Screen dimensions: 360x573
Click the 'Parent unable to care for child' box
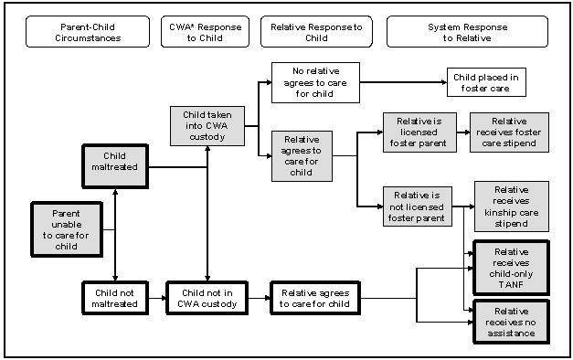click(x=66, y=228)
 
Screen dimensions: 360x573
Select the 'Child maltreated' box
click(x=114, y=162)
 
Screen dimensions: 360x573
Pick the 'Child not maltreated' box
click(x=115, y=297)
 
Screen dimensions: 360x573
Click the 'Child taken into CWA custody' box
click(x=207, y=125)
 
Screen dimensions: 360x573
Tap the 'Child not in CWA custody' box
click(x=207, y=297)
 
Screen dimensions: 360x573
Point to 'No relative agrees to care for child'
click(x=315, y=82)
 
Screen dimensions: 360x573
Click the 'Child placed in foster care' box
click(x=485, y=83)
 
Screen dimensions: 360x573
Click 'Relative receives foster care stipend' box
click(x=508, y=132)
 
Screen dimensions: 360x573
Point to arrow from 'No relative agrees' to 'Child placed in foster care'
click(x=402, y=83)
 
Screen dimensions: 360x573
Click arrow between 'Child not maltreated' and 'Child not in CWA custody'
click(x=156, y=298)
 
